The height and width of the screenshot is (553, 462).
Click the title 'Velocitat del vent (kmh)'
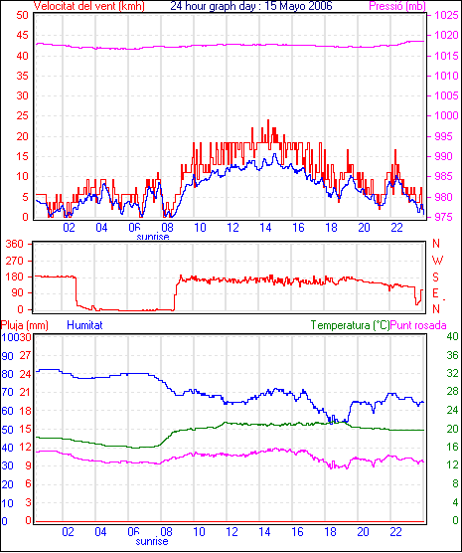88,6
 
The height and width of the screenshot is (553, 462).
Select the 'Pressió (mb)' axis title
397,6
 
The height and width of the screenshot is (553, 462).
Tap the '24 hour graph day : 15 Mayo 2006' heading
251,6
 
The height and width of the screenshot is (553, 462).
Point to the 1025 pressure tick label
446,15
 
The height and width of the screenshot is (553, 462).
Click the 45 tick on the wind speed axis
22,35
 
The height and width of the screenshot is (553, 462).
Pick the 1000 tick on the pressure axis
446,115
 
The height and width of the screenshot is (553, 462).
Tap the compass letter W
437,261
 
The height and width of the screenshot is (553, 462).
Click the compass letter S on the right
436,277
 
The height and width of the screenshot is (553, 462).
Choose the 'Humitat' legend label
84,325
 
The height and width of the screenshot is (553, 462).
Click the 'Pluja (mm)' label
24,325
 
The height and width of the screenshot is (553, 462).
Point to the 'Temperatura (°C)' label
351,325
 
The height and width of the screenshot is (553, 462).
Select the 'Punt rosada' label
418,325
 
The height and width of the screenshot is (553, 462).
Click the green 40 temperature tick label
452,337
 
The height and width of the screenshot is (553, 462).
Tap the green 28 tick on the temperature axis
452,392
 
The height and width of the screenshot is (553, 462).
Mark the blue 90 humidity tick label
7,356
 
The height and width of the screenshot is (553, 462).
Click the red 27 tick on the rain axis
25,355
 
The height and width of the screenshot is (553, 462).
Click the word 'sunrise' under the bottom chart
152,541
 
